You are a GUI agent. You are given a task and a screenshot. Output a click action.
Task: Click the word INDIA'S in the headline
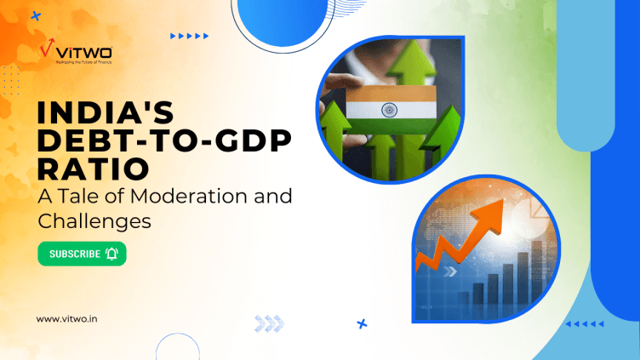(x=99, y=113)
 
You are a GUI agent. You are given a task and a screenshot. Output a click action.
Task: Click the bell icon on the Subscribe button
(x=112, y=254)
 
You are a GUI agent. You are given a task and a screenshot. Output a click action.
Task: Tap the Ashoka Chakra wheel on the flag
(x=391, y=111)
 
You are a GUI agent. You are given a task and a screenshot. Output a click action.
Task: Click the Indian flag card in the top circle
(x=391, y=111)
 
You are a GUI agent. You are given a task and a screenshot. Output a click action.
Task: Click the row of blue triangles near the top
(x=189, y=36)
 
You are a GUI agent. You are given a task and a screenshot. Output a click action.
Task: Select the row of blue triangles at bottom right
(x=585, y=323)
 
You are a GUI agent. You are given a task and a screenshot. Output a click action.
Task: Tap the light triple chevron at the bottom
(x=269, y=323)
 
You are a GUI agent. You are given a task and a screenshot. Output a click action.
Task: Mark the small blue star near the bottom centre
(x=362, y=323)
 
